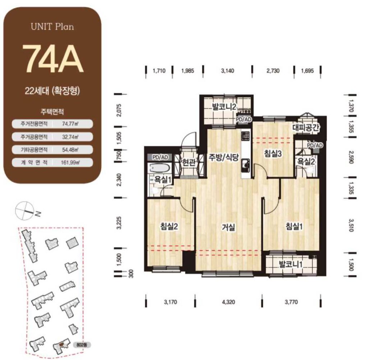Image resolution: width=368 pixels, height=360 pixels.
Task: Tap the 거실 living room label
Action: [x=228, y=227]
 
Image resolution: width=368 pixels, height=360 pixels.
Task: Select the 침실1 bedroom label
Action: [x=294, y=226]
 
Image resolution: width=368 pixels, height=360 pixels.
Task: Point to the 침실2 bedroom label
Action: [x=169, y=226]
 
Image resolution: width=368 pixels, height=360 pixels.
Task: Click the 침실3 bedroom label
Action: [x=273, y=154]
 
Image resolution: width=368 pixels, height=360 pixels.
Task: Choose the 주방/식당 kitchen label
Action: [x=224, y=157]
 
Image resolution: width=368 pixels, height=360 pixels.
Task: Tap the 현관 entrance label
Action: [x=188, y=162]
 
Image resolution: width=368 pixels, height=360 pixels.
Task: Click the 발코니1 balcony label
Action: [x=290, y=264]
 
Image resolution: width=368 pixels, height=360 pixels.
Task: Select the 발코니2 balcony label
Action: [x=224, y=107]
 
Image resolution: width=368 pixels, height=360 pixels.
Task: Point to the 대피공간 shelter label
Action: [x=306, y=128]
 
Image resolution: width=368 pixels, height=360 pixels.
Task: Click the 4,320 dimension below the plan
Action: [x=228, y=302]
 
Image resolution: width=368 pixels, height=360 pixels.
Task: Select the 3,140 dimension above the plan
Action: [x=227, y=71]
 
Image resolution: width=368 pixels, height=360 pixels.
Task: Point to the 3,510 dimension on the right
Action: [x=351, y=225]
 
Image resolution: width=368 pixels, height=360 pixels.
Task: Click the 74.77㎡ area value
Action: [x=70, y=124]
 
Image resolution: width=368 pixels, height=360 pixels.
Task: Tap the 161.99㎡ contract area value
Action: [x=70, y=162]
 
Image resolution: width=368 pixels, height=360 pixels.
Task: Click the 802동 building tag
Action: [x=82, y=345]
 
